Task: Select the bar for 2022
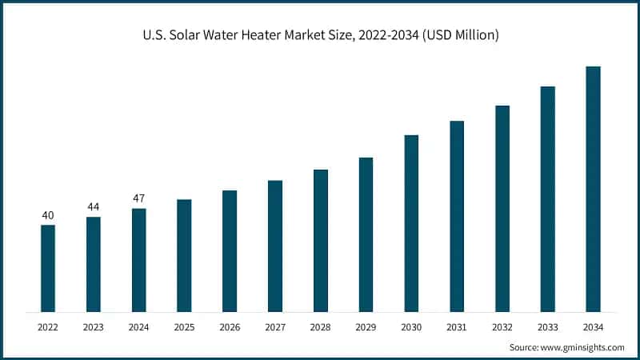pos(48,268)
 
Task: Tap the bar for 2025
pos(184,255)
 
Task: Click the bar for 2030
pos(411,223)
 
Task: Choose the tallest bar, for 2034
pos(593,189)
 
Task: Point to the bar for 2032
pos(502,208)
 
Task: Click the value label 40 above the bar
pos(48,215)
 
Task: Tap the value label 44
pos(94,207)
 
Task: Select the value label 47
pos(138,198)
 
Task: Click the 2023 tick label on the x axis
pos(94,327)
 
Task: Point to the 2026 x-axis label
pos(230,327)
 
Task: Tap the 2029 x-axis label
pos(366,327)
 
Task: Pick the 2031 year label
pos(457,327)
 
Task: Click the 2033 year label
pos(547,327)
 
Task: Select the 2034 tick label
pos(593,327)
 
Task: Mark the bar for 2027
pos(275,246)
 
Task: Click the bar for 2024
pos(138,260)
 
